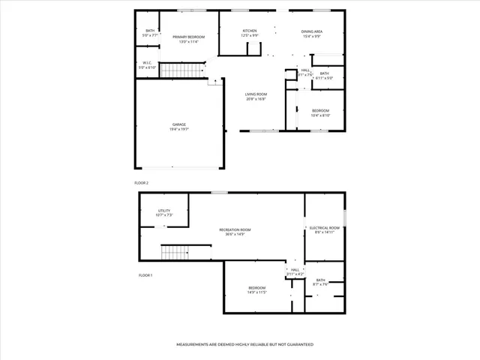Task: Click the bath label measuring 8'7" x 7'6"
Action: point(321,282)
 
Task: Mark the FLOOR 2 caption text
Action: point(142,183)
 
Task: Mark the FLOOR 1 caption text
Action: point(145,275)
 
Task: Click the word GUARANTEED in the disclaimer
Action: point(297,344)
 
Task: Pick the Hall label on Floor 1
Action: point(295,271)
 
